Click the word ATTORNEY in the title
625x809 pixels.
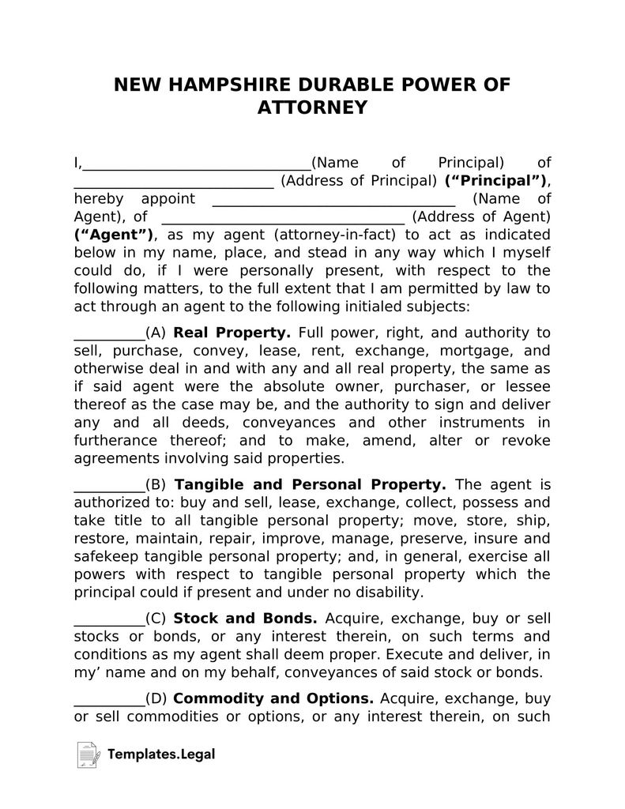[x=312, y=107]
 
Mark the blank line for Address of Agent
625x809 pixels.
[x=283, y=220]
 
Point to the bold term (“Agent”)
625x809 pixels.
[x=114, y=235]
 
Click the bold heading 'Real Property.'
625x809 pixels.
[x=232, y=333]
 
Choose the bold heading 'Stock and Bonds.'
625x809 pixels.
[x=245, y=618]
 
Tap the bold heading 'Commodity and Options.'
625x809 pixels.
[x=273, y=698]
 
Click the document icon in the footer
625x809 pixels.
[x=87, y=754]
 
